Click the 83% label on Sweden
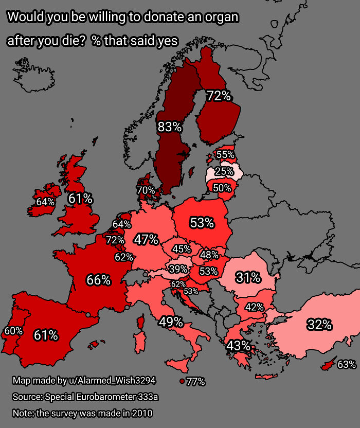click(x=170, y=127)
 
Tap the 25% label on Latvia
click(x=224, y=171)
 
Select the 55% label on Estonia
click(x=225, y=154)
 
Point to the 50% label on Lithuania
click(x=222, y=188)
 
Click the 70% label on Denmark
click(x=146, y=190)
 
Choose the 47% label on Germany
click(x=146, y=239)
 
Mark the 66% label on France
click(x=98, y=280)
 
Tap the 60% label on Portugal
click(x=13, y=331)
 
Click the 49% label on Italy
click(x=171, y=322)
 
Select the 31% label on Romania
click(x=248, y=278)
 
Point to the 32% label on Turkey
click(x=319, y=325)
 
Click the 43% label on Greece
click(x=239, y=345)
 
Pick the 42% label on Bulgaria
click(x=255, y=307)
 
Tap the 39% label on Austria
click(x=178, y=269)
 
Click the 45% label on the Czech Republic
click(x=182, y=249)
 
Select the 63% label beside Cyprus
click(x=346, y=365)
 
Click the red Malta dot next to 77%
click(x=182, y=381)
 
